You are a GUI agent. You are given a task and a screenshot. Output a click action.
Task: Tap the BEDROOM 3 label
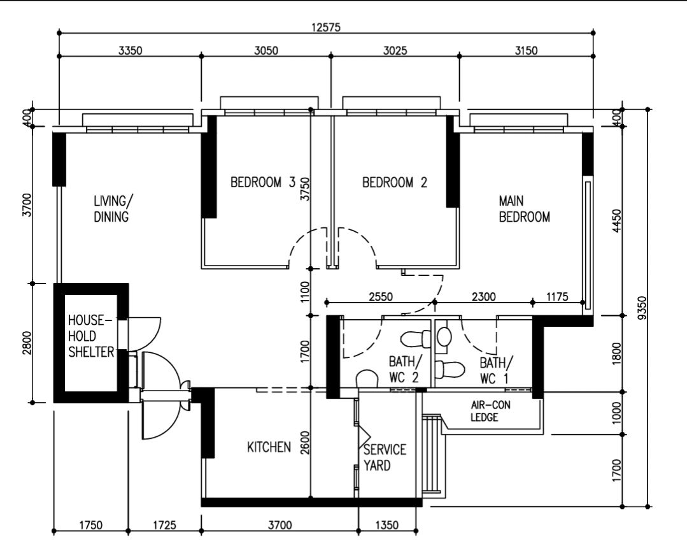[262, 183]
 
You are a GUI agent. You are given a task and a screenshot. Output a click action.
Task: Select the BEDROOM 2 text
[395, 183]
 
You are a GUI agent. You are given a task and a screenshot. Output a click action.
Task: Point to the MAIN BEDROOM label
[524, 209]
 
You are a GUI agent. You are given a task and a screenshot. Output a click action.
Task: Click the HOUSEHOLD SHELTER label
[91, 336]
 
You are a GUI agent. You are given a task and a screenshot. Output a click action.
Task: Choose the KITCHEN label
[269, 448]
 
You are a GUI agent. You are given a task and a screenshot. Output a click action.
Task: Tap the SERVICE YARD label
[385, 457]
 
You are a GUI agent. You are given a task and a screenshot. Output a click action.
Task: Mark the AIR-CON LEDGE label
[490, 411]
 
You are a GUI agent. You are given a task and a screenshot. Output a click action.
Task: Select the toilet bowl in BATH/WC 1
[451, 368]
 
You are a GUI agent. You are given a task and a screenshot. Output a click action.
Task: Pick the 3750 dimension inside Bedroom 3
[304, 190]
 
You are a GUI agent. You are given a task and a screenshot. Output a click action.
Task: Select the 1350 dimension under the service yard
[387, 526]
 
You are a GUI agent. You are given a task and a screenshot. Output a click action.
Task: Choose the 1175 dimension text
[559, 296]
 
